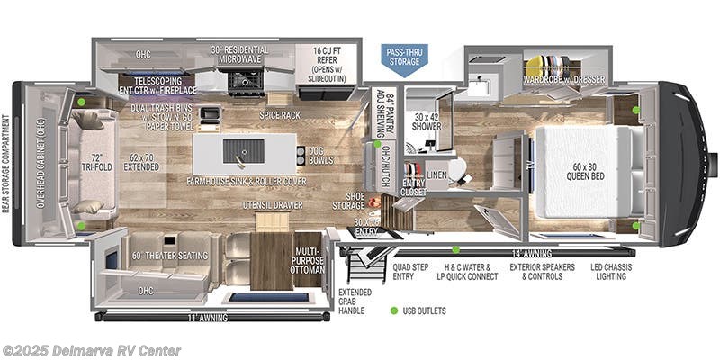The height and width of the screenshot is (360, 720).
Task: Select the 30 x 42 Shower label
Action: coord(427,121)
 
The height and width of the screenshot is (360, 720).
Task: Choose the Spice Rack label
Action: coord(279,116)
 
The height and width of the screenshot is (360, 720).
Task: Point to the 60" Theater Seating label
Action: coord(170,255)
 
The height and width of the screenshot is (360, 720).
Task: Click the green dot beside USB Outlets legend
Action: coord(392,310)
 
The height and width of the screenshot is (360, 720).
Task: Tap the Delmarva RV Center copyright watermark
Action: coord(92,350)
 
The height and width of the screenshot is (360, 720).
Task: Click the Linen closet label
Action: coord(437,174)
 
